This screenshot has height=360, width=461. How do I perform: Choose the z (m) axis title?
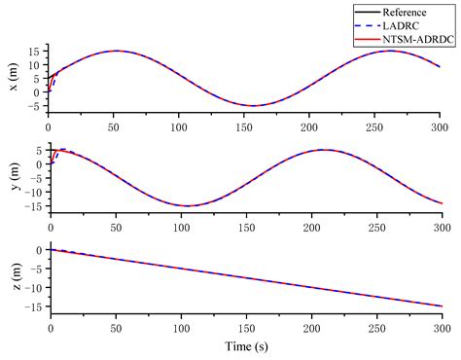click(13, 279)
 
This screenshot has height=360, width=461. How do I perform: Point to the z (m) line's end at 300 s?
click(441, 306)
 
